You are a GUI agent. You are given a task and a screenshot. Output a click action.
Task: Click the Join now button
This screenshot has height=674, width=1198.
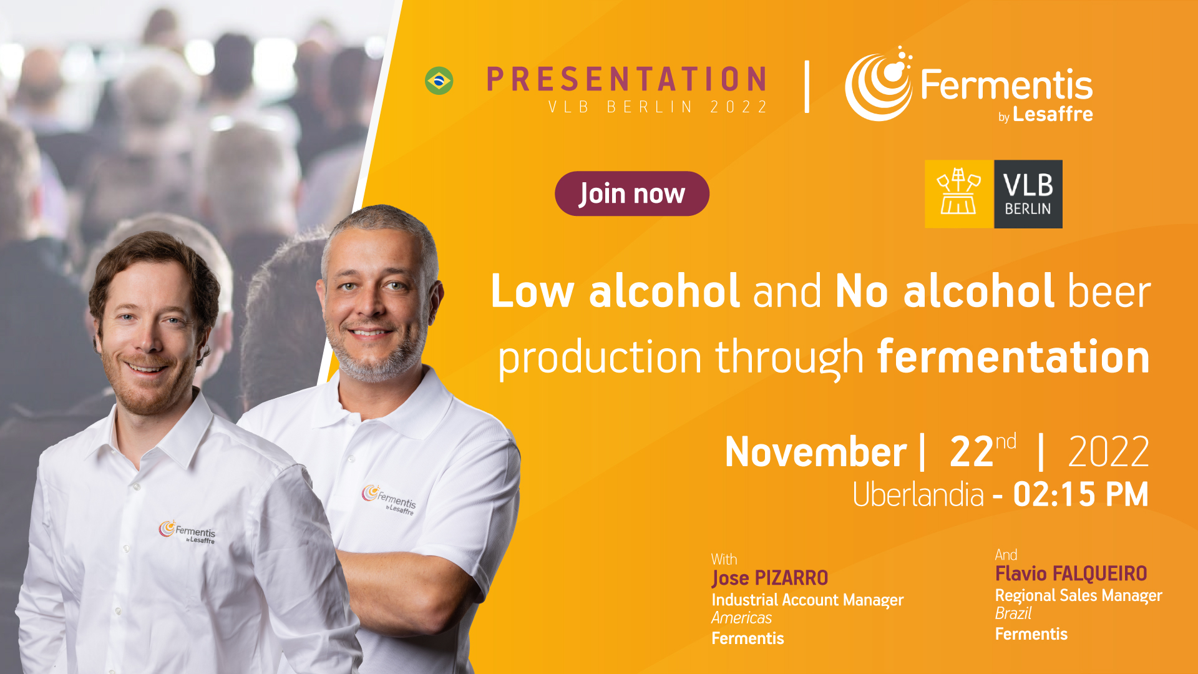(x=631, y=193)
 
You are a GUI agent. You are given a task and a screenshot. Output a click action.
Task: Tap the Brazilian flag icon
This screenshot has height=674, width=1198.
(x=439, y=81)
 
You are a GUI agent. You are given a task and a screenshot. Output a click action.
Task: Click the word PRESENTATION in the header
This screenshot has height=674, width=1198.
(x=626, y=79)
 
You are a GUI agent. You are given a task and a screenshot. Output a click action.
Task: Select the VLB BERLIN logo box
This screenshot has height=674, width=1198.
(x=993, y=194)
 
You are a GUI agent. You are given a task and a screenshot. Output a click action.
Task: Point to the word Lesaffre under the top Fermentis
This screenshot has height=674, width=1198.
(x=1053, y=114)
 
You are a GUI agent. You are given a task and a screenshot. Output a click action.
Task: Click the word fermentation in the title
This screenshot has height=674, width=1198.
(x=1013, y=357)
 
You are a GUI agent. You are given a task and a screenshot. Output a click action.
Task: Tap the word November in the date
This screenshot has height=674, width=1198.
(x=816, y=452)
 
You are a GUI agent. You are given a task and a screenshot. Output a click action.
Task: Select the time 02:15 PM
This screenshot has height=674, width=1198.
(x=1081, y=494)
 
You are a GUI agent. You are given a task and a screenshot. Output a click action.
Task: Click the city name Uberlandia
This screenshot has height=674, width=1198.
(x=918, y=494)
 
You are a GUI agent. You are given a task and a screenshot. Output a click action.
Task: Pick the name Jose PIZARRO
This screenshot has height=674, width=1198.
(x=770, y=579)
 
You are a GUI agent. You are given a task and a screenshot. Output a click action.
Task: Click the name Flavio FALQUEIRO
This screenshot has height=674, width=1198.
(x=1071, y=574)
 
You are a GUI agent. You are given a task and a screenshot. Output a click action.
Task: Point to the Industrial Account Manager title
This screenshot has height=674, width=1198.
(x=807, y=600)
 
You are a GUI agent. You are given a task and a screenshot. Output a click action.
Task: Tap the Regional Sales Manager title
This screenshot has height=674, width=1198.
(x=1079, y=596)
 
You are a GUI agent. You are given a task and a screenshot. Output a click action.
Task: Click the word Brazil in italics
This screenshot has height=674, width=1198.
(x=1013, y=613)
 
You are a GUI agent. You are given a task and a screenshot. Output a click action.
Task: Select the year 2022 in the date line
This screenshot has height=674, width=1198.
(x=1109, y=452)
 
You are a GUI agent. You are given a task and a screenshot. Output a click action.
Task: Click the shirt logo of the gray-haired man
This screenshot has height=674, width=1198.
(x=389, y=499)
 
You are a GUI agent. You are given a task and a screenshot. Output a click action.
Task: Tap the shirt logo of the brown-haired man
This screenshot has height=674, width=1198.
(x=187, y=532)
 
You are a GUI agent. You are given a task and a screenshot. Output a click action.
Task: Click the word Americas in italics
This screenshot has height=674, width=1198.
(x=742, y=618)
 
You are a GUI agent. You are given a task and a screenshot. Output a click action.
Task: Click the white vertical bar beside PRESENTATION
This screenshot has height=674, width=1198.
(x=807, y=87)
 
